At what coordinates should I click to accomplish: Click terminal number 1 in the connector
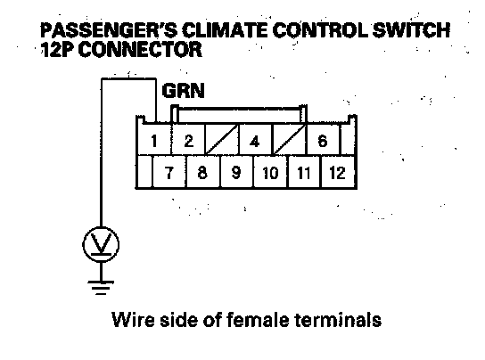coord(153,140)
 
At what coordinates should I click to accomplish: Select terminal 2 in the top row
coord(188,140)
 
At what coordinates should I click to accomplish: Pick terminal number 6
coord(323,140)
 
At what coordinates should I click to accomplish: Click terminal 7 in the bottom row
coord(169,172)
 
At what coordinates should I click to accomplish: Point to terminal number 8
coord(202,172)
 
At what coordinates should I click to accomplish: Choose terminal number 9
coord(236,172)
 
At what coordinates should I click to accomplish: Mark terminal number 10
coord(270,172)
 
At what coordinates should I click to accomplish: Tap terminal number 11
coord(304,172)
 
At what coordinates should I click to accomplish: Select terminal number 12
coord(338,172)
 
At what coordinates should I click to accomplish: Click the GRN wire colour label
coord(183,91)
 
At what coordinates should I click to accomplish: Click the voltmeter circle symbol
coord(101,244)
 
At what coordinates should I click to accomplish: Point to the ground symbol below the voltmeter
coord(101,287)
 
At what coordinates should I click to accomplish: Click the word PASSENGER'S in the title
coord(109,30)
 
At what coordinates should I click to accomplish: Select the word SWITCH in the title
coord(411,30)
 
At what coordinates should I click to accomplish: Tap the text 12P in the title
coord(58,50)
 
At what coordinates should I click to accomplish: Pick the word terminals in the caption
coord(338,320)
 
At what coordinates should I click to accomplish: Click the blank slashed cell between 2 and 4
coord(221,140)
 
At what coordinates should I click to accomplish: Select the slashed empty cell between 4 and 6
coord(289,140)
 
